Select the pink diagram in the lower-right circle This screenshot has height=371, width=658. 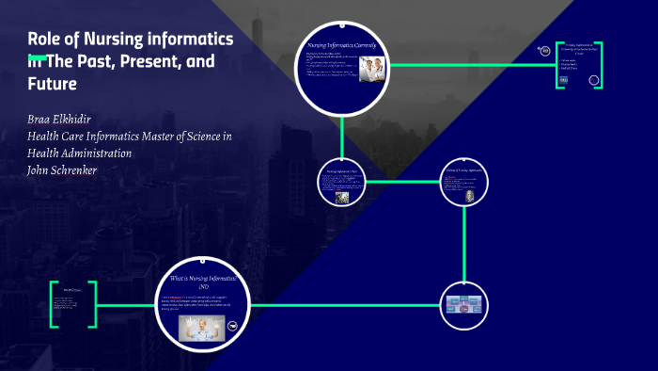464,304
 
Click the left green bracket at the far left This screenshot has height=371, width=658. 55,304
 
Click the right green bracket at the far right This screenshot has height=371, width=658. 598,65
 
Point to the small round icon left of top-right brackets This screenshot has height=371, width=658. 543,52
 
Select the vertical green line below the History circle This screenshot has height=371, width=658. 464,243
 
